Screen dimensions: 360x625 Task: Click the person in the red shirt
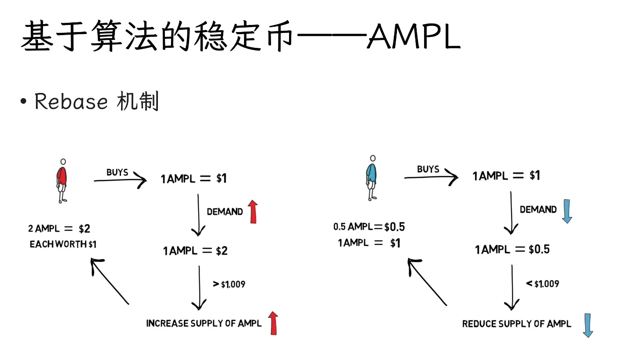tap(62, 180)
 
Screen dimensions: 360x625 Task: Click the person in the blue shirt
tap(372, 177)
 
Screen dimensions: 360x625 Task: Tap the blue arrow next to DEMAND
tap(567, 210)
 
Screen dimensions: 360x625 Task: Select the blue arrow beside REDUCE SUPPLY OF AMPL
tap(588, 325)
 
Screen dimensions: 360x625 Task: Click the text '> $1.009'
tap(229, 285)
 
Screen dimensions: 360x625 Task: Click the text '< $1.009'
tap(543, 284)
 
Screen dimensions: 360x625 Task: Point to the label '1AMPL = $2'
tap(196, 251)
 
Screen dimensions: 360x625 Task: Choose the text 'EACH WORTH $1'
tap(63, 245)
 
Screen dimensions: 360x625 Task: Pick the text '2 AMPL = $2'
tap(59, 229)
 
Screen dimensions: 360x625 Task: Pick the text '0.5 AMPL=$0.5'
tap(369, 227)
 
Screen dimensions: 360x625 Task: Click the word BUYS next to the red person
tap(117, 172)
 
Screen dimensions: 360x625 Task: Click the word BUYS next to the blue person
tap(428, 169)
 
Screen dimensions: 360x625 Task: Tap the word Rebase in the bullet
tap(71, 102)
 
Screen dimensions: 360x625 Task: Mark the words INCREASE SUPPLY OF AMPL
tap(204, 324)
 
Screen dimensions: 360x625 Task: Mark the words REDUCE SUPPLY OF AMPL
tap(517, 324)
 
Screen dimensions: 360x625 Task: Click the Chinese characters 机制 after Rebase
tap(138, 102)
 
